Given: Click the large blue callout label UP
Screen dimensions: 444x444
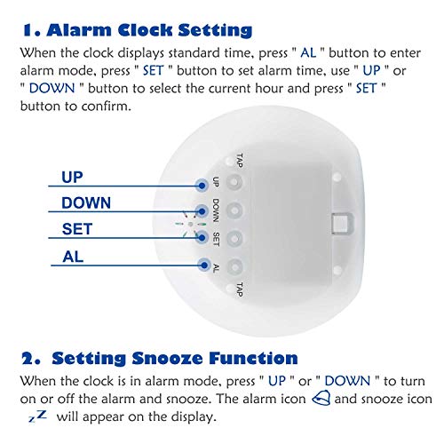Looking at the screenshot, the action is click(72, 178).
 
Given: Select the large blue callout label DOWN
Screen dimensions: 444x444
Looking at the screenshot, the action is click(86, 203).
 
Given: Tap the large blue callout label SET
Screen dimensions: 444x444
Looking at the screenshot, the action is click(77, 229).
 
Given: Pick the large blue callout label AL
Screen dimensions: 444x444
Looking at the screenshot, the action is click(73, 257).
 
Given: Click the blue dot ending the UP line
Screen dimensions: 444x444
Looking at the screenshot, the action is click(202, 186).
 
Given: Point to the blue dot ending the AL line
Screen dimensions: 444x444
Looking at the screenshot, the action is click(204, 265).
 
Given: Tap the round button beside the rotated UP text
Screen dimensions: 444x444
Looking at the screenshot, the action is click(234, 182).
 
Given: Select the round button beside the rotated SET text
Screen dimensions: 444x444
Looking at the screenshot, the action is click(234, 238).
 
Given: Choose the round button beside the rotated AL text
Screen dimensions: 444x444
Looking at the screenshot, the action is click(235, 266).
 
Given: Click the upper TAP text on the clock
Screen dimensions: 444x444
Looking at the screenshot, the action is click(239, 161).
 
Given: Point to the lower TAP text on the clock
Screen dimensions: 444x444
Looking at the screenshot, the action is click(239, 289).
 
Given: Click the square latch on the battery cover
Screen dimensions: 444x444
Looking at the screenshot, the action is click(342, 223).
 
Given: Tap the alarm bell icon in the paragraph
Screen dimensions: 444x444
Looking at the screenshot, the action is click(321, 398).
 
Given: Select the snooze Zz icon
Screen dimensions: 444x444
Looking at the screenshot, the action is click(37, 416).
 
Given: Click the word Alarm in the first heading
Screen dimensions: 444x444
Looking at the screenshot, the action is click(79, 30).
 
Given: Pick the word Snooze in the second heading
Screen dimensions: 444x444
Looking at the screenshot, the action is click(167, 359).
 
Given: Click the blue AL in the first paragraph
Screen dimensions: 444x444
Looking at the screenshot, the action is click(308, 53).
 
